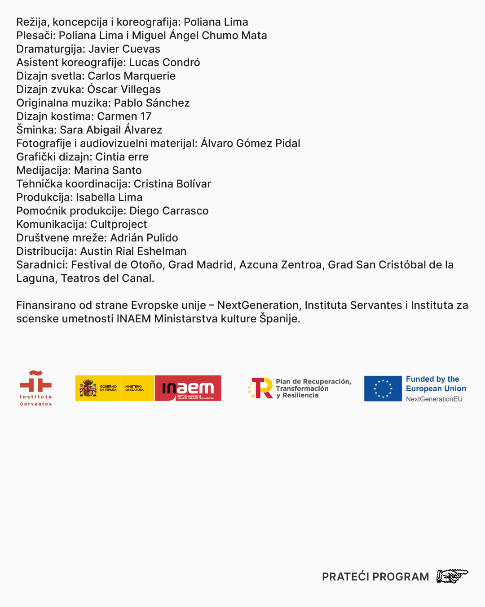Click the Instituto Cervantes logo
[x=36, y=388]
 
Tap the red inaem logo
[x=188, y=388]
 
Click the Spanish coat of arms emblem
[x=88, y=388]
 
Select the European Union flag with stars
[x=383, y=388]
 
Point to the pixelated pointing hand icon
[x=452, y=576]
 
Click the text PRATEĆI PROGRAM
[x=375, y=577]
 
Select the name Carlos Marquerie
[x=132, y=76]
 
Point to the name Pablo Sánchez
[x=152, y=103]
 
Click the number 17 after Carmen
[x=145, y=116]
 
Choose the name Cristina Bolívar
[x=172, y=184]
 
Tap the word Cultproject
[x=119, y=224]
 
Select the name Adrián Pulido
[x=144, y=238]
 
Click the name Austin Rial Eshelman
[x=133, y=251]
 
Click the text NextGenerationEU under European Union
[x=434, y=399]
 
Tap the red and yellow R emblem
[x=261, y=388]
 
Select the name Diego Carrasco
[x=169, y=211]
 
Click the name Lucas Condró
[x=164, y=62]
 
